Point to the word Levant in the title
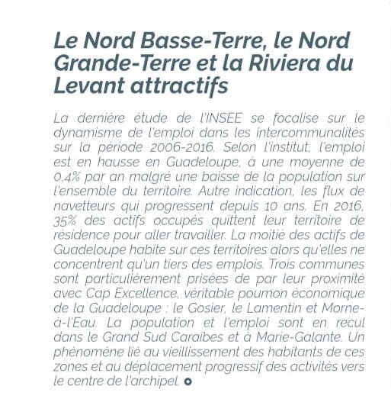point(88,85)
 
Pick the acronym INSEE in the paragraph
point(223,118)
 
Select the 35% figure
point(67,220)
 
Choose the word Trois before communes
point(277,264)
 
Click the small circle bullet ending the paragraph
point(187,381)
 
